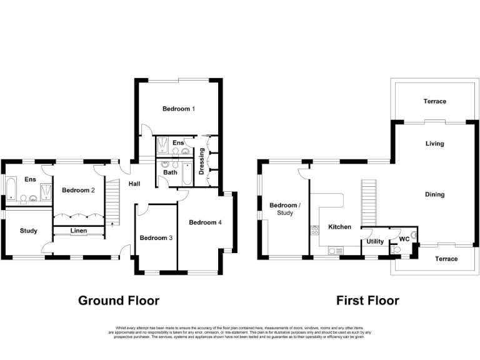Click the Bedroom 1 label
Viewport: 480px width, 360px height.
click(179, 109)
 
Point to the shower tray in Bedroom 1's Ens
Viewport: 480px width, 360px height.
click(163, 145)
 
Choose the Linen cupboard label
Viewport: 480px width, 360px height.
click(78, 231)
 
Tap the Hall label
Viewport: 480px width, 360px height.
click(134, 184)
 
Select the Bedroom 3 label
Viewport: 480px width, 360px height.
click(153, 237)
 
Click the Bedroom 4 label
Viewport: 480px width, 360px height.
click(205, 222)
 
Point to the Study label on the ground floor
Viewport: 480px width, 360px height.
click(28, 231)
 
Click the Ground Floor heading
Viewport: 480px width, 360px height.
click(118, 301)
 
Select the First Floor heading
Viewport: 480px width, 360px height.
click(367, 301)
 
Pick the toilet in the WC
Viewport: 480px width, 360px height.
click(396, 250)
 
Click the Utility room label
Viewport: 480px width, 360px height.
click(375, 241)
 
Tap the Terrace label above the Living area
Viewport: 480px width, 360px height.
click(434, 101)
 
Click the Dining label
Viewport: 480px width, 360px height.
click(434, 194)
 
